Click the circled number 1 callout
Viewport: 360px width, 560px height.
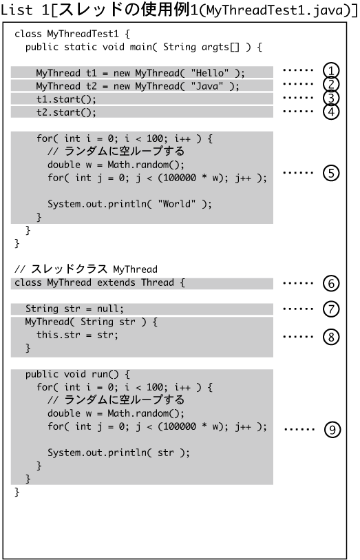[330, 71]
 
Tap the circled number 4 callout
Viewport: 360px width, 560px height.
[330, 112]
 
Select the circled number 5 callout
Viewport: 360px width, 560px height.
[330, 173]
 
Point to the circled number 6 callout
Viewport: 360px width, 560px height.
[330, 283]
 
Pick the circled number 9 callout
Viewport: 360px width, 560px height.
[332, 429]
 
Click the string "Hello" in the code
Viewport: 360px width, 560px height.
[209, 73]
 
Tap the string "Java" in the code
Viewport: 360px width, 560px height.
[207, 86]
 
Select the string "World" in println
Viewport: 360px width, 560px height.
[177, 204]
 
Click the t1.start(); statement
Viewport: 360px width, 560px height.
[66, 99]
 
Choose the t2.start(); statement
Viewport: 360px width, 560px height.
[66, 112]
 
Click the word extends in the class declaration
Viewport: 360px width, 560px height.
[116, 282]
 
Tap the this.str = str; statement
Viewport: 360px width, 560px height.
[77, 335]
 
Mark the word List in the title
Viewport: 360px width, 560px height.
[17, 10]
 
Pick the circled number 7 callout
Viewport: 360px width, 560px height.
[330, 309]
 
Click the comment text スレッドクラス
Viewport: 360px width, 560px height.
[69, 269]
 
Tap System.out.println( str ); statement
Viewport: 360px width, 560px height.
[118, 453]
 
